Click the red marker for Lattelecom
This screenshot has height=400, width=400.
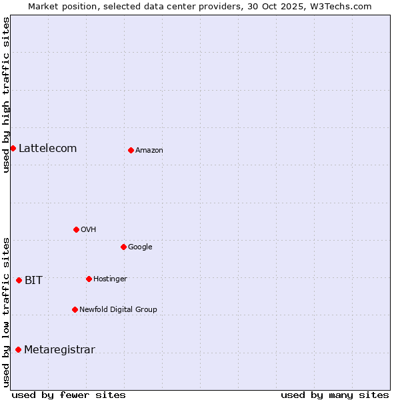pos(13,148)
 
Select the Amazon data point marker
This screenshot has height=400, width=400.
pos(131,150)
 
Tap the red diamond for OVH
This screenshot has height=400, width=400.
pos(76,229)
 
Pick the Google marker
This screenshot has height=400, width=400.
pos(123,247)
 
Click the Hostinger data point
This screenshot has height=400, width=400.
pos(89,279)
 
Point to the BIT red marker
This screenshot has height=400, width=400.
pos(19,280)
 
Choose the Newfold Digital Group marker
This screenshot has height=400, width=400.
pos(75,309)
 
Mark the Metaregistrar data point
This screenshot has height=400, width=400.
pos(18,349)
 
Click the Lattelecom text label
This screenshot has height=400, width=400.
pos(47,148)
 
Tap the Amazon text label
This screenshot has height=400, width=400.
pos(149,150)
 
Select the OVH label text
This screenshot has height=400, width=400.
pos(89,229)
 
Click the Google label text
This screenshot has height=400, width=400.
pos(140,247)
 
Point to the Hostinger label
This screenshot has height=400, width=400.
pos(110,279)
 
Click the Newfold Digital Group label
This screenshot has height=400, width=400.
pos(118,309)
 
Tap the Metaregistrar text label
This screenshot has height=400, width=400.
pos(59,349)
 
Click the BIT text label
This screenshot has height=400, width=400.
pos(33,280)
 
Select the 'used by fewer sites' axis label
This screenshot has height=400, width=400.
pos(69,395)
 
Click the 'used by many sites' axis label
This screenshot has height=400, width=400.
pos(335,395)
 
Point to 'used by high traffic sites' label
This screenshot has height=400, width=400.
pos(6,95)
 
